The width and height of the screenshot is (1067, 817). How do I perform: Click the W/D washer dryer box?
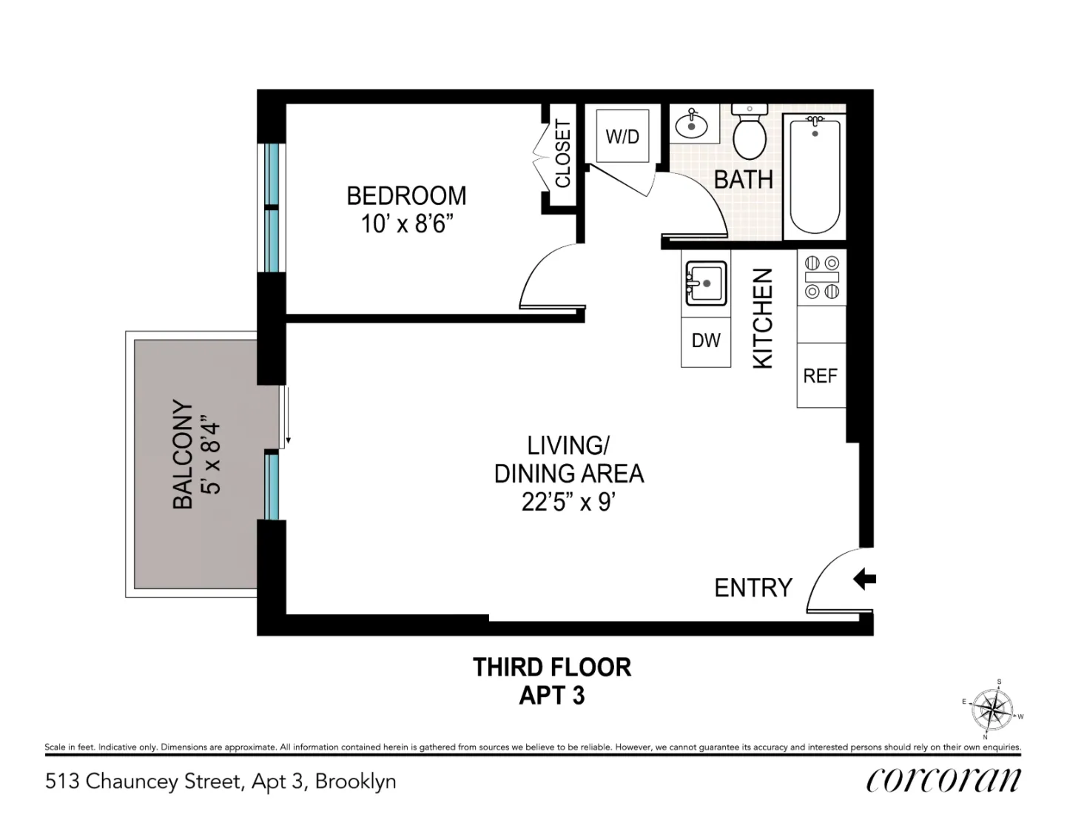[x=622, y=136]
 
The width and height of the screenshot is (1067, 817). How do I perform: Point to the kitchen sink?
[x=705, y=283]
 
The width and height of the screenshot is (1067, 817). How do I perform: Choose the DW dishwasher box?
[x=706, y=340]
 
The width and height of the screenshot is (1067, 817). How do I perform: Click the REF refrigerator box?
[x=821, y=375]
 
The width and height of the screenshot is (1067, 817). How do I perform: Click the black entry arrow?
[x=864, y=579]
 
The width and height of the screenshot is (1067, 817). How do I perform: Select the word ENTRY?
[x=753, y=588]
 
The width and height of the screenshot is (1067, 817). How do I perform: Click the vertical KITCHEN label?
[x=763, y=318]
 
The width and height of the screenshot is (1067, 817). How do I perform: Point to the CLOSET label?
[x=563, y=154]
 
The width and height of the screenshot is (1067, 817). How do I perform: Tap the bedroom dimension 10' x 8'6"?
[x=406, y=223]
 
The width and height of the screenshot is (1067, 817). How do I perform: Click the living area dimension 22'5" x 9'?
[x=568, y=502]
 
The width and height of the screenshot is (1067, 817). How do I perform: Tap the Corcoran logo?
[x=943, y=780]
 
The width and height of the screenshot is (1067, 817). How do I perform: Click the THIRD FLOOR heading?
[x=552, y=668]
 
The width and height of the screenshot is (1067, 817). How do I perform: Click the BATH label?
[x=743, y=180]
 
